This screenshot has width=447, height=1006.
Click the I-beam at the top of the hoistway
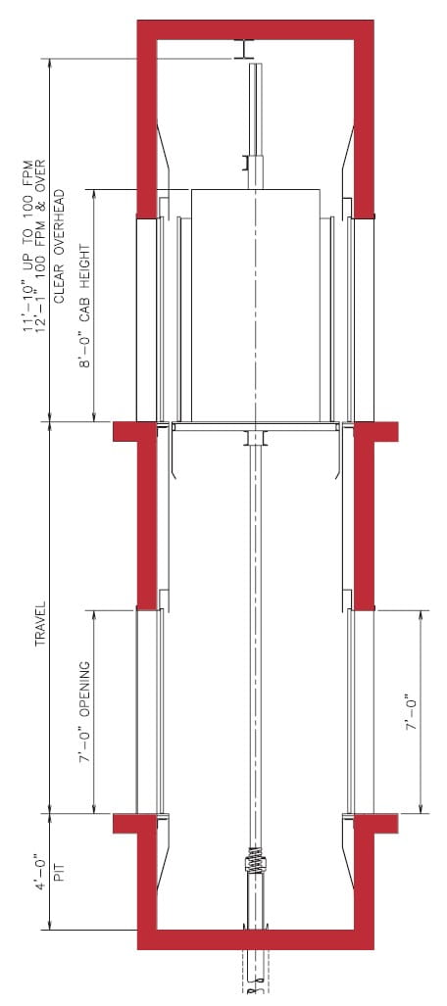[x=243, y=50]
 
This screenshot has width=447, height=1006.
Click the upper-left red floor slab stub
[x=133, y=431]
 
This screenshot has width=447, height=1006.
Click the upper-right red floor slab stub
[x=376, y=431]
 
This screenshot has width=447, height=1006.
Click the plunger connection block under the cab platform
[x=256, y=437]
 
